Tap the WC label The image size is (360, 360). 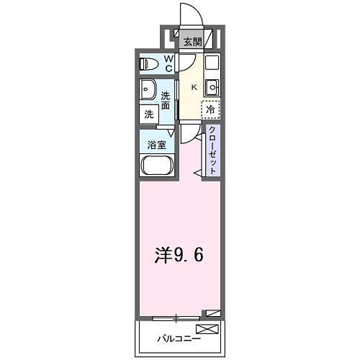point(167,63)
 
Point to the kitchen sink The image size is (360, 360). point(213,87)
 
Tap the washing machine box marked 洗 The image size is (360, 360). point(149,114)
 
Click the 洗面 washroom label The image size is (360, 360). point(166,100)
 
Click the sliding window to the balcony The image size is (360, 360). point(176,317)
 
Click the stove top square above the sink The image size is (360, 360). point(213,63)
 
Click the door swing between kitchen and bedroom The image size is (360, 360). point(189,132)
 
